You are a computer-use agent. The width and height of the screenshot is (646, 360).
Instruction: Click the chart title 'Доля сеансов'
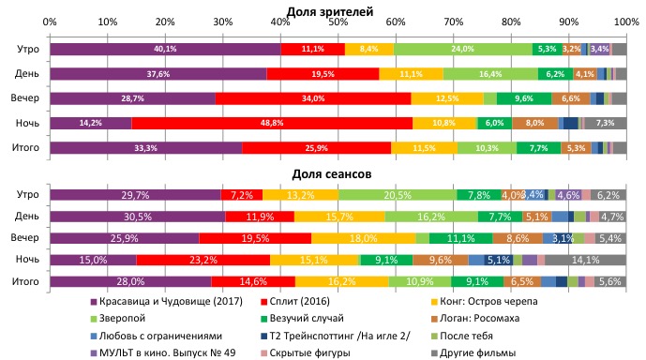[x=338, y=173]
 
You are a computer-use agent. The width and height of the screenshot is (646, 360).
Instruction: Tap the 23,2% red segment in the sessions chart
[x=203, y=259]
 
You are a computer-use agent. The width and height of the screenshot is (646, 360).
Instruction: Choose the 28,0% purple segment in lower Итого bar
[x=130, y=281]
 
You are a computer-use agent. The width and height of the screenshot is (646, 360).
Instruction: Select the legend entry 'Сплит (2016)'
[x=294, y=304]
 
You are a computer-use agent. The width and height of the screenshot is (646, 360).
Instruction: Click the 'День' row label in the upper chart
[x=27, y=73]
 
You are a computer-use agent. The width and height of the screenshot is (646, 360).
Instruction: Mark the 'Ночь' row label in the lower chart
[x=26, y=259]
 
